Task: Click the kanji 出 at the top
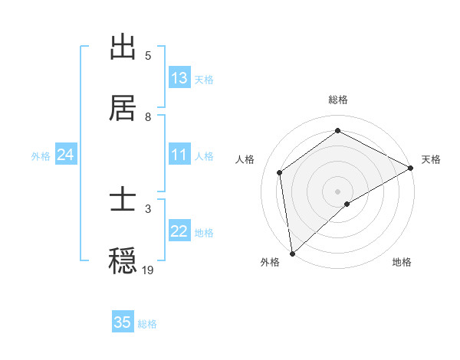(x=123, y=47)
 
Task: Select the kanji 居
(x=123, y=109)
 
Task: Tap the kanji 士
(x=123, y=201)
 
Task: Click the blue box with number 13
(x=179, y=78)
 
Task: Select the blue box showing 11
(x=179, y=155)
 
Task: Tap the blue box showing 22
(x=179, y=231)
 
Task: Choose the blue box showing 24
(x=66, y=155)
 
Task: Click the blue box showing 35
(x=123, y=322)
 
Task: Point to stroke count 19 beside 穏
(x=148, y=270)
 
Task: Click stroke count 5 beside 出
(x=148, y=55)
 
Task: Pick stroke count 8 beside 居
(x=148, y=116)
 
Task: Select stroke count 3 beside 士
(x=148, y=208)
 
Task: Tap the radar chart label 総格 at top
(x=338, y=100)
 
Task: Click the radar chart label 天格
(x=431, y=159)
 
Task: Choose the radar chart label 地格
(x=402, y=262)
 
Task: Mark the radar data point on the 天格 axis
(x=411, y=168)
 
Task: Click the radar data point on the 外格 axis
(x=292, y=253)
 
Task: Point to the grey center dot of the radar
(x=338, y=191)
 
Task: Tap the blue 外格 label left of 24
(x=41, y=155)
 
